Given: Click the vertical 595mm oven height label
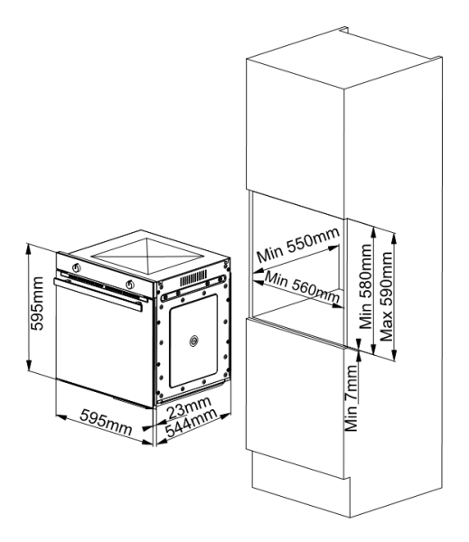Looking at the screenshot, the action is [37, 304].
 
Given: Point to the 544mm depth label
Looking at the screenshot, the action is [191, 423].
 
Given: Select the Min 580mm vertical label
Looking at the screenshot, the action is [365, 286].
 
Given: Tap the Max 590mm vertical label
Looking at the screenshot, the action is [387, 296].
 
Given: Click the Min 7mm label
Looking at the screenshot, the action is [352, 397].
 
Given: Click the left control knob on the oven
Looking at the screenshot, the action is [77, 267].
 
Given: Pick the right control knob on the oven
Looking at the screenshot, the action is [130, 285].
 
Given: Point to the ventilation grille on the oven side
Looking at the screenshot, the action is [193, 278].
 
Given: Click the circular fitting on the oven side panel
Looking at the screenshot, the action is [194, 341].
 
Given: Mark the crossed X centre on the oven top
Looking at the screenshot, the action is [147, 257].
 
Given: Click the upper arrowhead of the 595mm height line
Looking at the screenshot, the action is [29, 248].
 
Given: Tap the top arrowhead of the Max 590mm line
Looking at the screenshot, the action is [394, 238].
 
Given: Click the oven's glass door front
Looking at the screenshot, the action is [104, 346].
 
